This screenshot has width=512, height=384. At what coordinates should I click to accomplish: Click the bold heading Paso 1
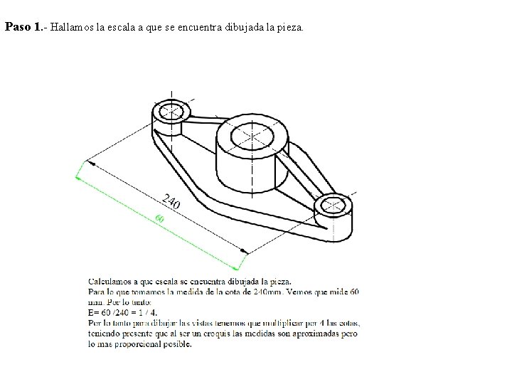tap(23, 27)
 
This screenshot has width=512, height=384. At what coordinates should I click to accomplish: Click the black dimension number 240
tap(171, 201)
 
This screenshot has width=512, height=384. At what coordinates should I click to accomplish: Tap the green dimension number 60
tap(159, 218)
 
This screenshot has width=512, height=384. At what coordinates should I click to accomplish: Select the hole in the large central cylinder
tap(252, 136)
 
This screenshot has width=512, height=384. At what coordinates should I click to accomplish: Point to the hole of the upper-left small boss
tap(171, 112)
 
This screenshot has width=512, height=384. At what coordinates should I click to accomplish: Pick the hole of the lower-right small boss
tap(333, 206)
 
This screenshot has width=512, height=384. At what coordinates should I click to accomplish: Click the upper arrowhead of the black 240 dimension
tap(92, 164)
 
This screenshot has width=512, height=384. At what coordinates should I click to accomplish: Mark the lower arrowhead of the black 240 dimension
tap(244, 251)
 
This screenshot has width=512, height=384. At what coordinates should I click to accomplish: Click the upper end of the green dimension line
tap(76, 177)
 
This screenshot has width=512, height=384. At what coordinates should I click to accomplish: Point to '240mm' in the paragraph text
tap(268, 292)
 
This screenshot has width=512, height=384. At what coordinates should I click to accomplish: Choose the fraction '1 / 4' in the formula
tap(148, 312)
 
